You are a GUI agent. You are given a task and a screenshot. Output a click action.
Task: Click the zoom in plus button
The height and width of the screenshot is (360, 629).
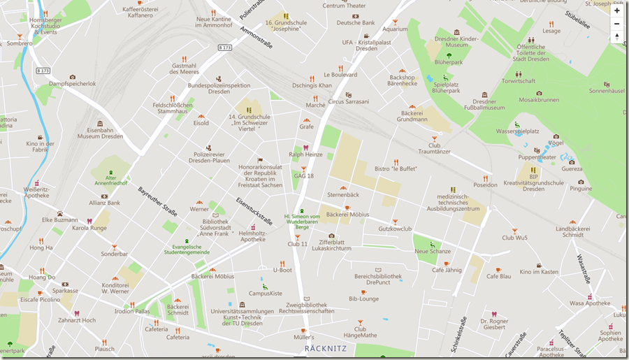tap(616, 10)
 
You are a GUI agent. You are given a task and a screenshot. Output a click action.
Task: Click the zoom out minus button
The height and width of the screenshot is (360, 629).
tap(616, 24)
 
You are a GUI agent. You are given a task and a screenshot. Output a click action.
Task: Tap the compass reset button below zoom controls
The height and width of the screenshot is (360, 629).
tap(616, 37)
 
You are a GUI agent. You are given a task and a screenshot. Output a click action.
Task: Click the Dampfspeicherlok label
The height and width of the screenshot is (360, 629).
tap(73, 84)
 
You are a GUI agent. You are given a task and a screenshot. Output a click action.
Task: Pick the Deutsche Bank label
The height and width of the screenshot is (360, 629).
tap(356, 22)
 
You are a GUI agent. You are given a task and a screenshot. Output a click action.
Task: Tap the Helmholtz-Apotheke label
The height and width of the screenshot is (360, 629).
tap(252, 236)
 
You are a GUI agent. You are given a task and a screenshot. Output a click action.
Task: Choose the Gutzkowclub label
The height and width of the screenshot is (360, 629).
tap(396, 229)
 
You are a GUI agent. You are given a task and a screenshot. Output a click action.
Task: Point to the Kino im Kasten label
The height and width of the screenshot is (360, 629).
tap(540, 272)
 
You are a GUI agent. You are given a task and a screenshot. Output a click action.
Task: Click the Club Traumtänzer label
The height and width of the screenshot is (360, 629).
tap(434, 147)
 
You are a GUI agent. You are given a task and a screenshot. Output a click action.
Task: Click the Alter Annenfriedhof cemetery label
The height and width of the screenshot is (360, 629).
tap(111, 180)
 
